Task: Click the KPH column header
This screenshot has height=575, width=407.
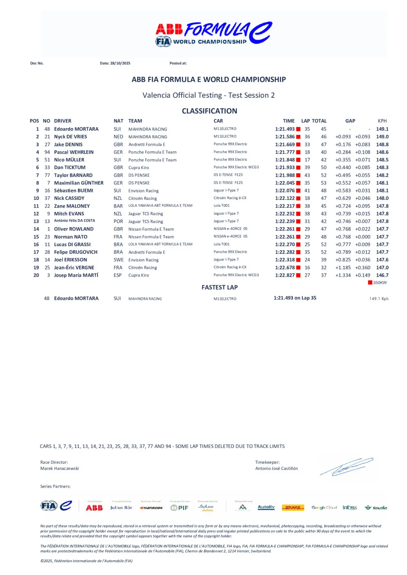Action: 382,121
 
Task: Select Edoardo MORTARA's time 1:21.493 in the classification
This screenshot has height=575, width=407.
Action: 285,129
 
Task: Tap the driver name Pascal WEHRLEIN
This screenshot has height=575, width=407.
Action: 74,152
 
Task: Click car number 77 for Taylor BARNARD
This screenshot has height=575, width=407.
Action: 47,175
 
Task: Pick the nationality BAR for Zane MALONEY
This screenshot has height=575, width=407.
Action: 118,206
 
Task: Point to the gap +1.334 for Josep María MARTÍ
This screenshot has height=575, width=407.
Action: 343,275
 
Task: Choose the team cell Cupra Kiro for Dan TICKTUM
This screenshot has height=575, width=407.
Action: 138,168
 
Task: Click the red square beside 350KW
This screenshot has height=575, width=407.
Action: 370,283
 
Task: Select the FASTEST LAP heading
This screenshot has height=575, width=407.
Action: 219,287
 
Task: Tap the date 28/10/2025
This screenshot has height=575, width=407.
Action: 120,63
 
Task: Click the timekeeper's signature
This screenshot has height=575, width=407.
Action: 346,467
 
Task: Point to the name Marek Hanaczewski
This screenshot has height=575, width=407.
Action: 60,469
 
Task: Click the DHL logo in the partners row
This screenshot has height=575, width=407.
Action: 293,508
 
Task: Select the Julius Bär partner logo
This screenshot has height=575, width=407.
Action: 121,508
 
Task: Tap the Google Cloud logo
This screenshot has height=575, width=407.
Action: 324,508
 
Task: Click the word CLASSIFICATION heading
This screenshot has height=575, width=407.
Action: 209,111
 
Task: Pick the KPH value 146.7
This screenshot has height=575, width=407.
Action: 382,275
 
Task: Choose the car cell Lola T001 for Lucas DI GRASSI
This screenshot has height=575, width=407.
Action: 221,244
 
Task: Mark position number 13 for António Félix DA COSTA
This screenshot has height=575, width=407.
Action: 36,221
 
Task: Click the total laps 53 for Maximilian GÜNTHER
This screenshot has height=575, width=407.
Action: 323,183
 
